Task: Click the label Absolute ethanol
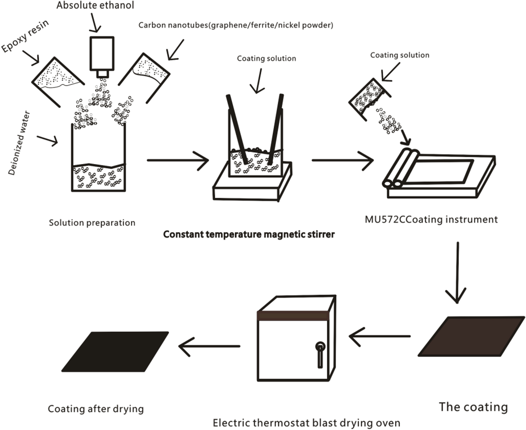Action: click(x=95, y=6)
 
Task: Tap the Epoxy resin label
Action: click(x=25, y=36)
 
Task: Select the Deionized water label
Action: click(x=19, y=143)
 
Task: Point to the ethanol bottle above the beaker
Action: click(x=102, y=55)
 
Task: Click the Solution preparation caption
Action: click(x=92, y=222)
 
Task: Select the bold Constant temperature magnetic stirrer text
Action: click(x=249, y=234)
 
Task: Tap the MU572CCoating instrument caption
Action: click(x=431, y=219)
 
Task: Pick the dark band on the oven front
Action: click(x=293, y=316)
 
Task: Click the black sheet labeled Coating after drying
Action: click(x=115, y=351)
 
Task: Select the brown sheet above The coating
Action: click(x=471, y=336)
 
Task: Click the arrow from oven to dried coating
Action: click(x=209, y=346)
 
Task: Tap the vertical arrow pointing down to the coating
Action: click(x=457, y=272)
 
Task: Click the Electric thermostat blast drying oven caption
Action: click(x=306, y=423)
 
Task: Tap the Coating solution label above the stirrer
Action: click(x=266, y=58)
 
